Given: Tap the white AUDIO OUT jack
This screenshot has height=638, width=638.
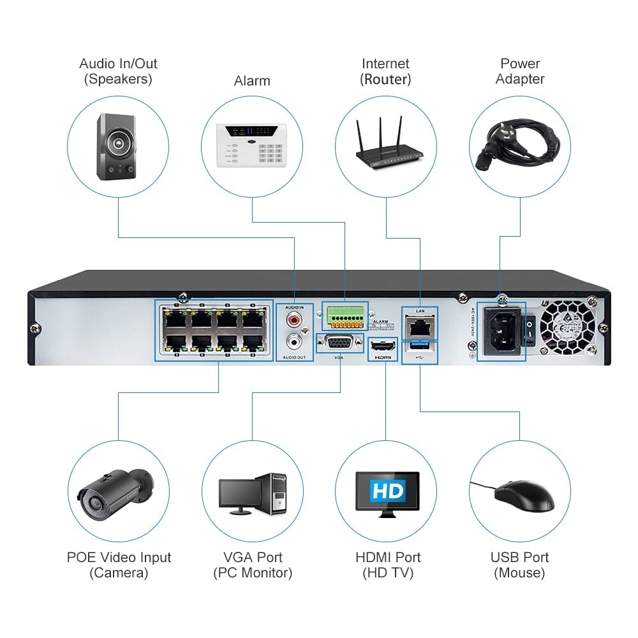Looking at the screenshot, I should pos(294,343).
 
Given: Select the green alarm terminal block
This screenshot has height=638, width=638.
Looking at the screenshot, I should pos(345,315).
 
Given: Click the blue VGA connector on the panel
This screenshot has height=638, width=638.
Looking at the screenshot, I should pos(339,345).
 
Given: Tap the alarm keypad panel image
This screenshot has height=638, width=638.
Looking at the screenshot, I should pos(252,144).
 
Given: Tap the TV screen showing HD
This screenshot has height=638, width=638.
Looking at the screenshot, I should pos(387,491).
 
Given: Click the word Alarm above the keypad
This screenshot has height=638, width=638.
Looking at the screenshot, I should pos(252,81).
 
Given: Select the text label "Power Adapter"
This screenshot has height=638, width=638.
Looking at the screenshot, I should pos(520,71).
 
